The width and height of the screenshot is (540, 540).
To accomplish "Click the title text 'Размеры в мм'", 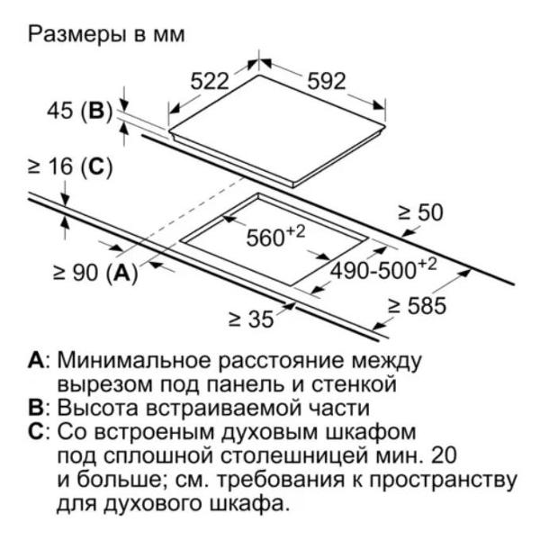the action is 106,35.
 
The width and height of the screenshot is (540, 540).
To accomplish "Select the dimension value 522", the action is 210,81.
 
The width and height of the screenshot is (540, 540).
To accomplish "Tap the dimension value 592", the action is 326,81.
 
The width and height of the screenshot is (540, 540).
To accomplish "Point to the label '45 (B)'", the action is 80,112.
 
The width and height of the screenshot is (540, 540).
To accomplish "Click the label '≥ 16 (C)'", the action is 70,167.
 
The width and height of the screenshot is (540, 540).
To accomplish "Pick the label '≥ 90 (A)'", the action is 95,273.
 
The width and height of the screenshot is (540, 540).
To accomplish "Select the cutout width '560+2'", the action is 276,236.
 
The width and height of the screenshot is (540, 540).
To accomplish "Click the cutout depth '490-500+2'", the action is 383,269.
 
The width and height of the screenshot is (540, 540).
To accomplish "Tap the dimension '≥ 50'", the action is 420,212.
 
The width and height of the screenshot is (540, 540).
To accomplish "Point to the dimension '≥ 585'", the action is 417,306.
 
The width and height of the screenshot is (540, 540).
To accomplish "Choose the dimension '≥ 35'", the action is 251,319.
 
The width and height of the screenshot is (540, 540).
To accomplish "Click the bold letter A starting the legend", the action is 36,361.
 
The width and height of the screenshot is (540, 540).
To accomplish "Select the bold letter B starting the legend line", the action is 36,408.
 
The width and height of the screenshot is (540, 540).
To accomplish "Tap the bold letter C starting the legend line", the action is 36,432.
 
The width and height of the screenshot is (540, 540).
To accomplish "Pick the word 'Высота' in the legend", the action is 97,408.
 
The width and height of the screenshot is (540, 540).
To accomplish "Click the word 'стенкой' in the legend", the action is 354,384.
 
